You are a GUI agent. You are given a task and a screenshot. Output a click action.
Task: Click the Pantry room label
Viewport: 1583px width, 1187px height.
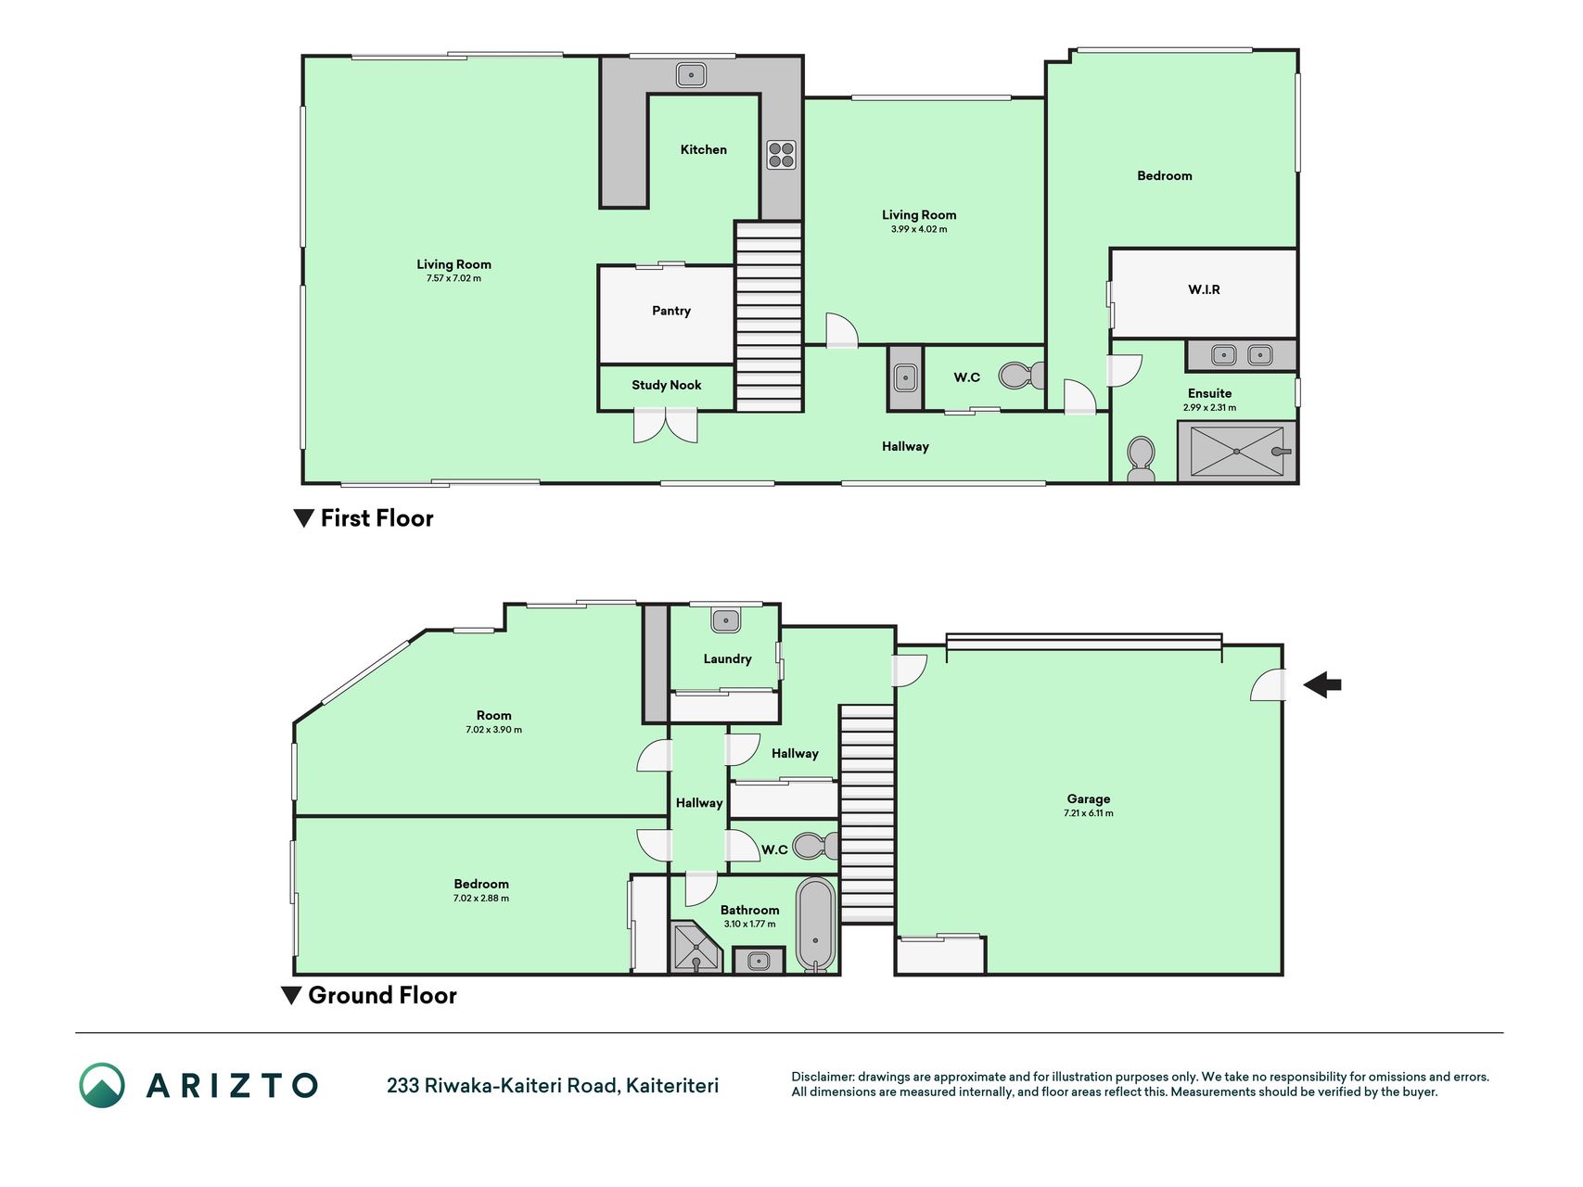pos(670,311)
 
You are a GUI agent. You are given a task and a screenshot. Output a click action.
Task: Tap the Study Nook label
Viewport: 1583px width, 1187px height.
pos(666,385)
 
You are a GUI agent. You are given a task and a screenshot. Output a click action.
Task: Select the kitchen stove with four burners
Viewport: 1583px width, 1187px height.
pos(781,155)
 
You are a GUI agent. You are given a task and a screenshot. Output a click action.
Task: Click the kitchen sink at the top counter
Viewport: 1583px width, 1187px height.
pos(691,74)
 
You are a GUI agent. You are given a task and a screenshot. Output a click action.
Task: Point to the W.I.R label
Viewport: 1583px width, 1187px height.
pos(1204,289)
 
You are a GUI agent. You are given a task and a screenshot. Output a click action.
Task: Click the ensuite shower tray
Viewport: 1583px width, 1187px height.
pos(1237,452)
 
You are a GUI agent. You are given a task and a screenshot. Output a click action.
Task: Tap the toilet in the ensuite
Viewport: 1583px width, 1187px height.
pos(1141,459)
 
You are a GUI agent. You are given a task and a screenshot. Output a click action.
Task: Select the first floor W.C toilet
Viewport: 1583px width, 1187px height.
pos(1021,376)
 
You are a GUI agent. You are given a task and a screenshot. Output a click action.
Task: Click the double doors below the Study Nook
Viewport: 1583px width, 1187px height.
pos(665,426)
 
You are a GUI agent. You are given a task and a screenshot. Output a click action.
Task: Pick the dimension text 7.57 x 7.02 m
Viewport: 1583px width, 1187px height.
pos(453,278)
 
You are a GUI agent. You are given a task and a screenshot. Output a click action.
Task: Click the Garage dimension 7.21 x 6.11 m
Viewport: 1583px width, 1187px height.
pos(1088,813)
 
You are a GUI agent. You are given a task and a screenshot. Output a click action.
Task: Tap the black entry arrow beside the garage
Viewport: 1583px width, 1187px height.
pos(1322,685)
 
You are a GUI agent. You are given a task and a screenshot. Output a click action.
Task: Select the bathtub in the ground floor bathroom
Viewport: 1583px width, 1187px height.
pos(816,925)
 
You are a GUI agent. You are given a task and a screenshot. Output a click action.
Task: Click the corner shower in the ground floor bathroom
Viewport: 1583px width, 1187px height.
pos(696,947)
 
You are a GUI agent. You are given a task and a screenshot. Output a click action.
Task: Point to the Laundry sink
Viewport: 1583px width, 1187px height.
pos(725,619)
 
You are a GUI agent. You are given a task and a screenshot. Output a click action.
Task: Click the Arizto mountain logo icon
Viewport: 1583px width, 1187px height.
pos(102,1085)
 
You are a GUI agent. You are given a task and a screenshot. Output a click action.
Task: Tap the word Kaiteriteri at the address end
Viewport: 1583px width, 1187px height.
pos(672,1085)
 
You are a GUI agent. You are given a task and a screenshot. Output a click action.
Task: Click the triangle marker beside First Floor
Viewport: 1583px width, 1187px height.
pos(303,518)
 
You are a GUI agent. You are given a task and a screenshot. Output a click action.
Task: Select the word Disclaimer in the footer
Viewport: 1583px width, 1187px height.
pos(823,1077)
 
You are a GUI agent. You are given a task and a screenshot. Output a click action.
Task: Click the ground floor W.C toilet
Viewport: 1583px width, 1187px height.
pos(815,846)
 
